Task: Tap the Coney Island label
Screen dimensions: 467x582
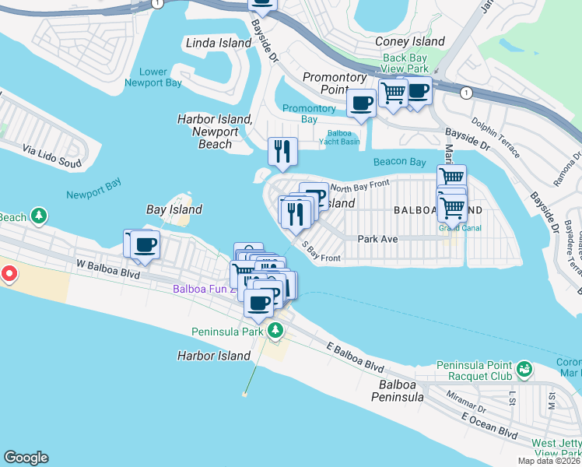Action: point(410,41)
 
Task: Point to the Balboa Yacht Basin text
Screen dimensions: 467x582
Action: point(339,137)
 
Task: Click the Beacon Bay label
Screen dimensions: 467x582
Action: point(399,162)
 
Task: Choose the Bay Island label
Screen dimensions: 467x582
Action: point(174,209)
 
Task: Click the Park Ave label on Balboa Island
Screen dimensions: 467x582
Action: point(377,239)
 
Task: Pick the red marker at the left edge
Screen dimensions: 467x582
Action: point(9,273)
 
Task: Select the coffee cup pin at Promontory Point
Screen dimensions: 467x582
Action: point(361,103)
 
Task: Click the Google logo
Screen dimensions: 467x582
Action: point(26,458)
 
